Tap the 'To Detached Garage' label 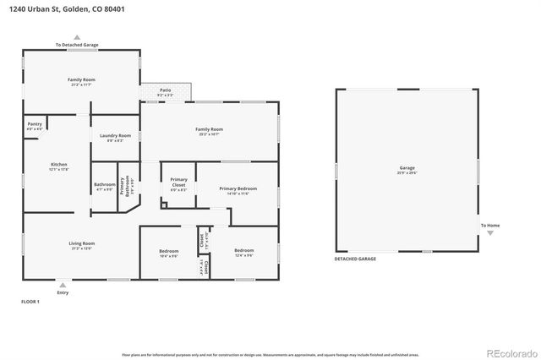pyautogui.click(x=77, y=44)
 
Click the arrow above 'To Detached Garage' pyautogui.click(x=77, y=37)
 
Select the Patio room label pyautogui.click(x=166, y=93)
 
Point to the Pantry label pyautogui.click(x=35, y=124)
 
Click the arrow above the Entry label pyautogui.click(x=63, y=286)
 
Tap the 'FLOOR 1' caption pyautogui.click(x=30, y=302)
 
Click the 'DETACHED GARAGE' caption pyautogui.click(x=356, y=259)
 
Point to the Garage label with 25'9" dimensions pyautogui.click(x=407, y=169)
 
